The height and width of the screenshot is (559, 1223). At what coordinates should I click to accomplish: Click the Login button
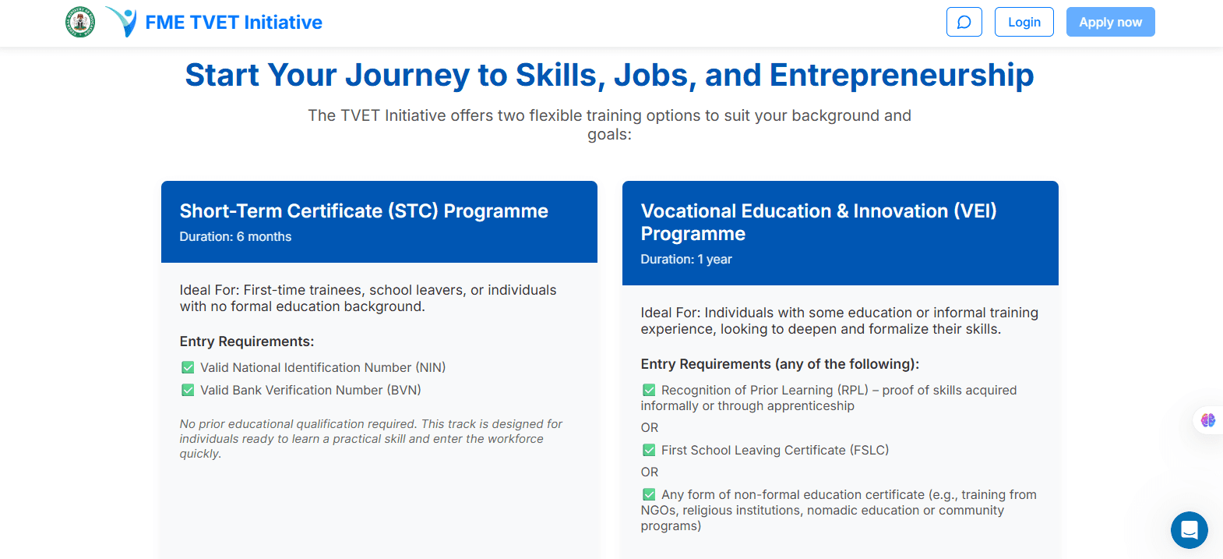[x=1024, y=22]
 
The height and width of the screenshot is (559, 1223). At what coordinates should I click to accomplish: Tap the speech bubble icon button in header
[x=964, y=22]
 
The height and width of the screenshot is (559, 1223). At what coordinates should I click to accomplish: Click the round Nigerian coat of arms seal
[x=80, y=22]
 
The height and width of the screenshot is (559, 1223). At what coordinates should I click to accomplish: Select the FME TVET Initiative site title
[x=233, y=23]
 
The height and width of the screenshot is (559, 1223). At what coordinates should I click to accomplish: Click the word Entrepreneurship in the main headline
[x=901, y=76]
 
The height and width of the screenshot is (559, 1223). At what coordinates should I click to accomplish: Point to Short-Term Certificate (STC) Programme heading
[x=364, y=211]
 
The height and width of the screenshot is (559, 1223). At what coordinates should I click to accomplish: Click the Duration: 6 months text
[x=235, y=237]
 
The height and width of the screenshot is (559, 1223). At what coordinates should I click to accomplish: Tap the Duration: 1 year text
[x=686, y=260]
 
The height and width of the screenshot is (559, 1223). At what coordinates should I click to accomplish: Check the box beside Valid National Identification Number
[x=188, y=367]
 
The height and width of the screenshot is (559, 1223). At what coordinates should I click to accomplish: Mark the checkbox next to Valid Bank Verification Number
[x=188, y=390]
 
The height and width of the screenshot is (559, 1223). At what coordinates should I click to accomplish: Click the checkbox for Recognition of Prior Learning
[x=649, y=390]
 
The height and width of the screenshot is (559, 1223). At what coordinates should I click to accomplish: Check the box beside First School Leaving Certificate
[x=649, y=450]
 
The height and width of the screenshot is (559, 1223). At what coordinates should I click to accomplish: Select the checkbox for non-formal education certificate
[x=649, y=494]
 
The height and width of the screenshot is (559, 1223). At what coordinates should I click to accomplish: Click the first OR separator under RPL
[x=650, y=428]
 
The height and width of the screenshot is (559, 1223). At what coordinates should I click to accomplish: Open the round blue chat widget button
[x=1189, y=530]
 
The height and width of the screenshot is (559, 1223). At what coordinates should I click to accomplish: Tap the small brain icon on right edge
[x=1208, y=420]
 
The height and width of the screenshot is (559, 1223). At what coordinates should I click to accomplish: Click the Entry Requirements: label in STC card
[x=247, y=341]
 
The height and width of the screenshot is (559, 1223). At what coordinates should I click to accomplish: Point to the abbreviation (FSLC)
[x=869, y=450]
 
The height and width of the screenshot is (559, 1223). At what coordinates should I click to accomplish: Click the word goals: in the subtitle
[x=609, y=135]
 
